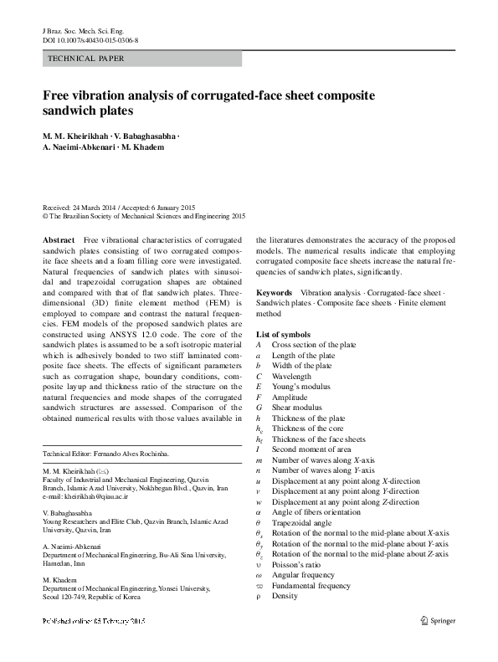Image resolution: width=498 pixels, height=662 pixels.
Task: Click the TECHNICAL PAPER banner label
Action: [x=87, y=59]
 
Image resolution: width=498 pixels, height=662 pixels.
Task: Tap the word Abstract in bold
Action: [x=59, y=240]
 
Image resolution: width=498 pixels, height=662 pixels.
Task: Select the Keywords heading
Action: [x=274, y=292]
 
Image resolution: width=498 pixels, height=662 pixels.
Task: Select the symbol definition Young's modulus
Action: [x=300, y=387]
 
